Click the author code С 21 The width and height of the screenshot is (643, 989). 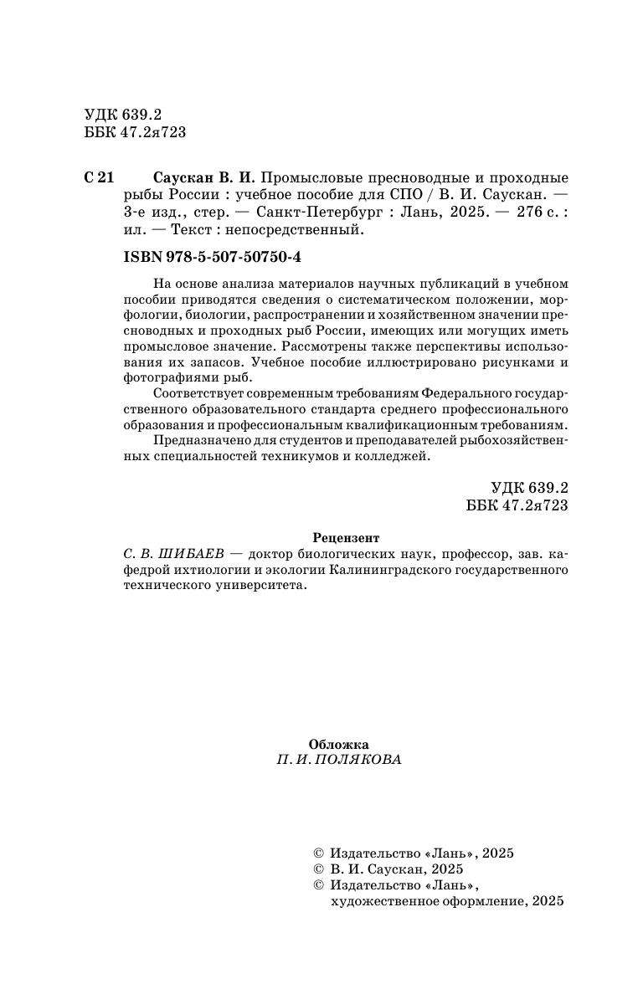[x=99, y=178]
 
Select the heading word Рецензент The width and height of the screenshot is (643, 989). [x=345, y=538]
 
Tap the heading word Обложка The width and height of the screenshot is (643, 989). [x=338, y=744]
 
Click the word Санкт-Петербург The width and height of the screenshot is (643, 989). [x=310, y=213]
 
